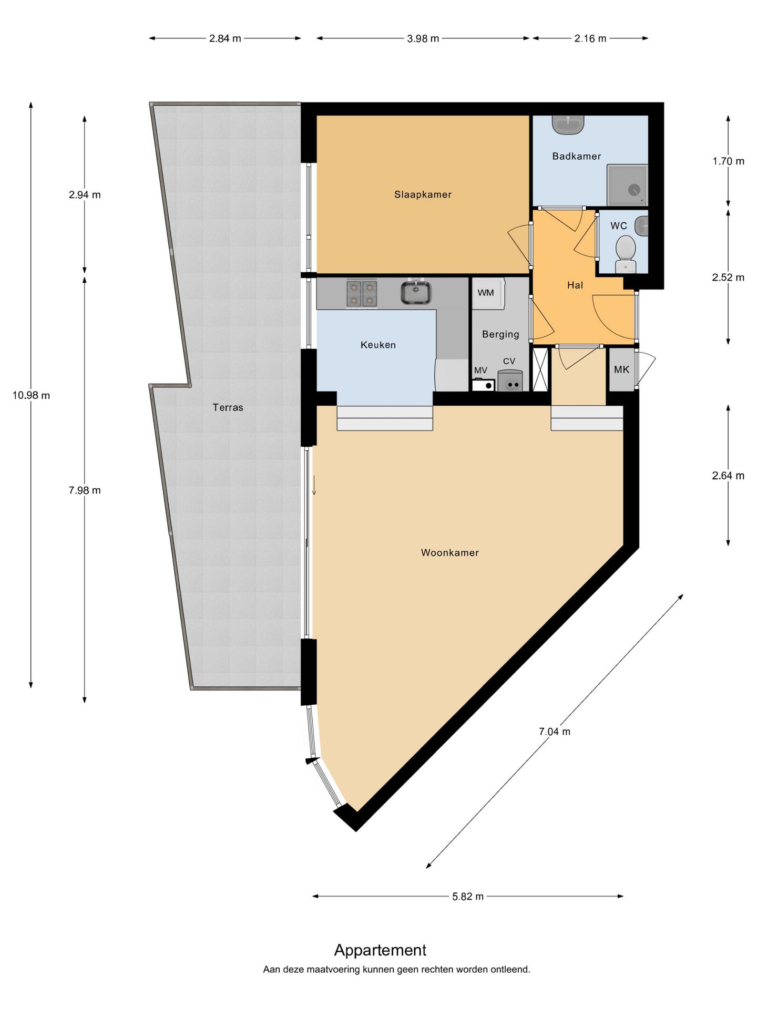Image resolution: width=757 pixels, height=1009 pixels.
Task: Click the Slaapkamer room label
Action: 423,194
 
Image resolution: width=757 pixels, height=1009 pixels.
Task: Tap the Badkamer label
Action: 576,156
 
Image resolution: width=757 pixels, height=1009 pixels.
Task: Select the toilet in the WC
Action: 626,254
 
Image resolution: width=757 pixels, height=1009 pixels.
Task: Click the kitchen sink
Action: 416,292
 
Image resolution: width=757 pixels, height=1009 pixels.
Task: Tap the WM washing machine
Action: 488,293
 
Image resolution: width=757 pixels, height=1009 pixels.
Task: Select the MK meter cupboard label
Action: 621,369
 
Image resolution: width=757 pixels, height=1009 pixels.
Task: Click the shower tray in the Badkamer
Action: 627,185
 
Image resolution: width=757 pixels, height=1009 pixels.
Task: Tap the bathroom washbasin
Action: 568,125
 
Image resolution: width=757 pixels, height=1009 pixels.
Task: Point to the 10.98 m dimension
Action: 31,395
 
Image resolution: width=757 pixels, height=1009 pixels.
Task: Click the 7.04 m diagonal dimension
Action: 555,731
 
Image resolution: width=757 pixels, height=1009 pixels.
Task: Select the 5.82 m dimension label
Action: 468,896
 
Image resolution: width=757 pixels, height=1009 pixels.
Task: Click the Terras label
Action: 228,407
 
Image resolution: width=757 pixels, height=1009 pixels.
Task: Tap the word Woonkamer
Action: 450,552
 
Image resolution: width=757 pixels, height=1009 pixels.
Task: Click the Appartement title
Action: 380,950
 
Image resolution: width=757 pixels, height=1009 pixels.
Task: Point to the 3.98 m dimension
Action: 423,38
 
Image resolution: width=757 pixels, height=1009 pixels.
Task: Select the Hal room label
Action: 575,285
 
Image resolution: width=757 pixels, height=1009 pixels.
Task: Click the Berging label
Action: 500,334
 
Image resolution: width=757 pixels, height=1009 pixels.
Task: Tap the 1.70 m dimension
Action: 728,161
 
